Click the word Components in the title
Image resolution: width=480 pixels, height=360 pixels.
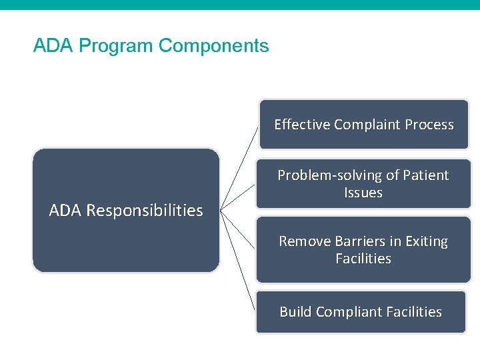tap(214, 46)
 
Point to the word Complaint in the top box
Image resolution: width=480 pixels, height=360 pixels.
tap(365, 125)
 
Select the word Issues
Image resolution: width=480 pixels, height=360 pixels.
tap(363, 193)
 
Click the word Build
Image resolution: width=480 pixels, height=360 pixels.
tap(295, 312)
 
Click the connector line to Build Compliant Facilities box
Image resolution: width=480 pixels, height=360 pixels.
tap(239, 259)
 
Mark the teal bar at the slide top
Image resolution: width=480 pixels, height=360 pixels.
tap(240, 5)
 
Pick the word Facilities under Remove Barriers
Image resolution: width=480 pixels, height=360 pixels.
tap(363, 259)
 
